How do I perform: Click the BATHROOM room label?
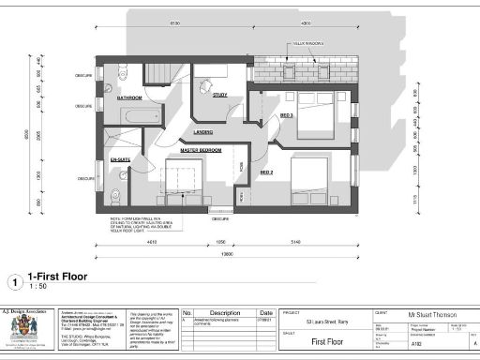point(129,97)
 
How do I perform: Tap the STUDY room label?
point(220,95)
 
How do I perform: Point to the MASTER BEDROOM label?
point(201,150)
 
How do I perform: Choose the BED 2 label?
point(266,172)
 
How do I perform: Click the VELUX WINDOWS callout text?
point(309,43)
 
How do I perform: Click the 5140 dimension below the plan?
point(298,242)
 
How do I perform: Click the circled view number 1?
point(14,279)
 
